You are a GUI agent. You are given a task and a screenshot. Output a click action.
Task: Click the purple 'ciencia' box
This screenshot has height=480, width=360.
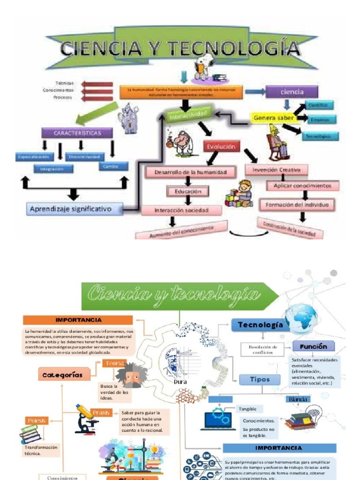tap(292, 92)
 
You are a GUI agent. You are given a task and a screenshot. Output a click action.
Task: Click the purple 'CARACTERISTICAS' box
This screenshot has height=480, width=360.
tap(77, 133)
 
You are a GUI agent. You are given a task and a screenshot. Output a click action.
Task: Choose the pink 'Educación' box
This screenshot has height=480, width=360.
tap(188, 191)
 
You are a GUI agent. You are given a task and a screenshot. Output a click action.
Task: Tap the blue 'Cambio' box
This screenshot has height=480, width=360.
tap(113, 166)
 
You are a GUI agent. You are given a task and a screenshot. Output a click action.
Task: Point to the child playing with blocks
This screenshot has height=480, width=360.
tap(240, 193)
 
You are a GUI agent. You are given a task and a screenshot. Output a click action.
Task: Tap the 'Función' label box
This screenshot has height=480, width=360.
tap(314, 346)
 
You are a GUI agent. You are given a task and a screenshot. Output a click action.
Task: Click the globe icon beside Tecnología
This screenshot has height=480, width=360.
tap(301, 318)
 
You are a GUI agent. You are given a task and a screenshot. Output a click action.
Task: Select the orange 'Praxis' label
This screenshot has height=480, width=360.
tap(101, 412)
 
